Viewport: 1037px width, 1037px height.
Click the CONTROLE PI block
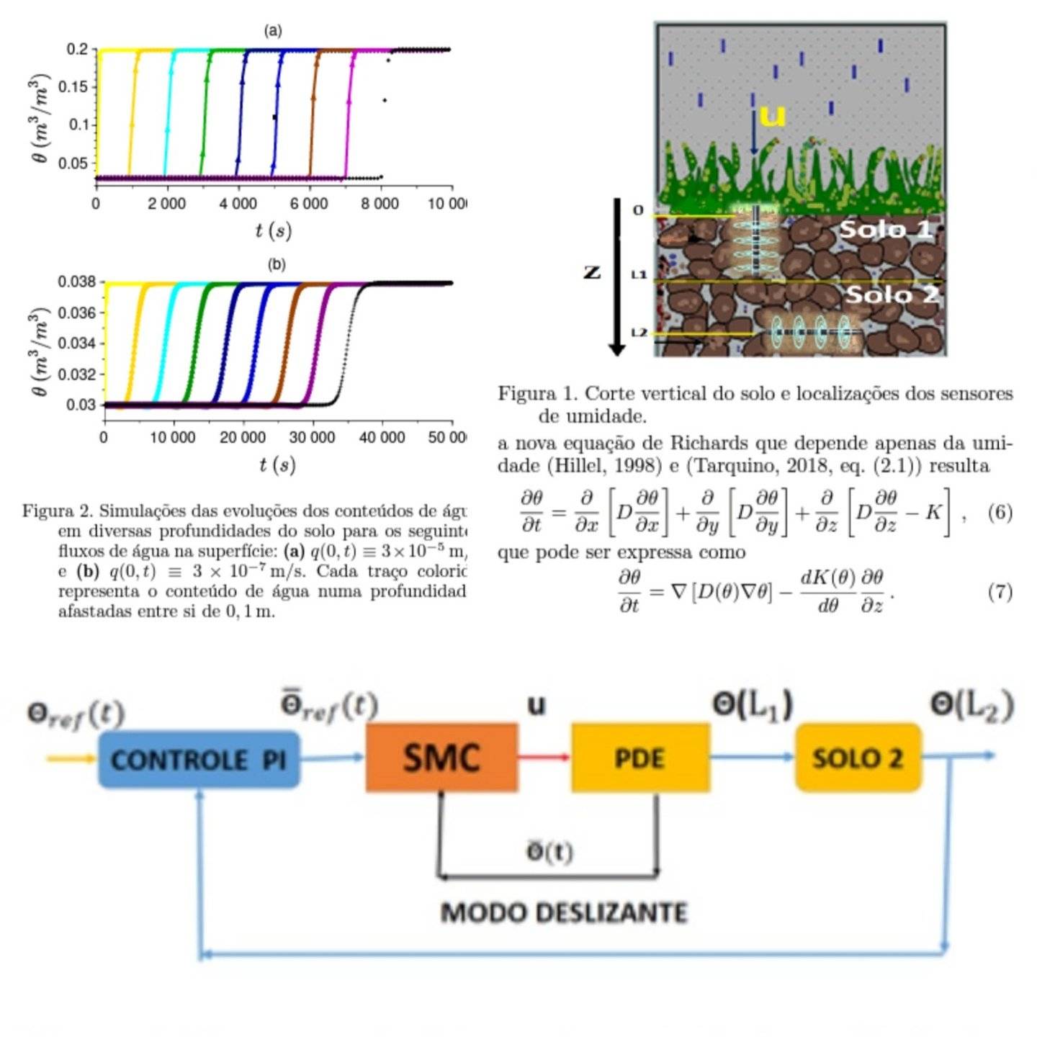click(199, 759)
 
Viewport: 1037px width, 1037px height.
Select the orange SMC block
click(441, 758)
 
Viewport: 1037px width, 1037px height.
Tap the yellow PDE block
click(639, 758)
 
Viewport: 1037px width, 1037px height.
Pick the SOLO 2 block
click(858, 758)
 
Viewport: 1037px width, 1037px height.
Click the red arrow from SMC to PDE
click(544, 757)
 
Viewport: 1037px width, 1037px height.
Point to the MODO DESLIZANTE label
click(564, 912)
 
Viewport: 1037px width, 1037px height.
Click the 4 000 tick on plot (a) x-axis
click(238, 204)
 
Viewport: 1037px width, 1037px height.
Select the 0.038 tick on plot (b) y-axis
click(77, 282)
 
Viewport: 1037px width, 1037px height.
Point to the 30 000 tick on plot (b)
click(312, 437)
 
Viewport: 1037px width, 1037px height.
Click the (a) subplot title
click(273, 31)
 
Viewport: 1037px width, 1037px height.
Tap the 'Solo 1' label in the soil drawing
click(886, 229)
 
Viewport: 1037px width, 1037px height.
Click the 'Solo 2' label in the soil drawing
click(892, 294)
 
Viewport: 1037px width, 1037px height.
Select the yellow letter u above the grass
click(771, 115)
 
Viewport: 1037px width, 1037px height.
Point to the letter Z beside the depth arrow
click(592, 272)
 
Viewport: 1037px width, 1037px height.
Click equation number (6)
click(1000, 512)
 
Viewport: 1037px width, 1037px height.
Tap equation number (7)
click(1000, 591)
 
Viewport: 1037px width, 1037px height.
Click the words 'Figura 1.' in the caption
click(538, 393)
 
